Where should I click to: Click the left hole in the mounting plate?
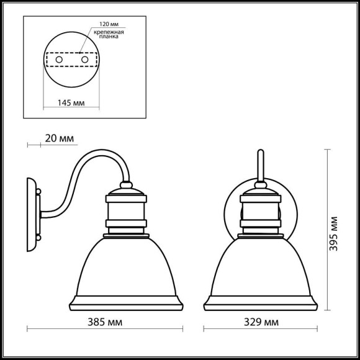60,60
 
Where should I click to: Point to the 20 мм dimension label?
60,138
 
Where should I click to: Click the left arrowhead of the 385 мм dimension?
29,329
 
